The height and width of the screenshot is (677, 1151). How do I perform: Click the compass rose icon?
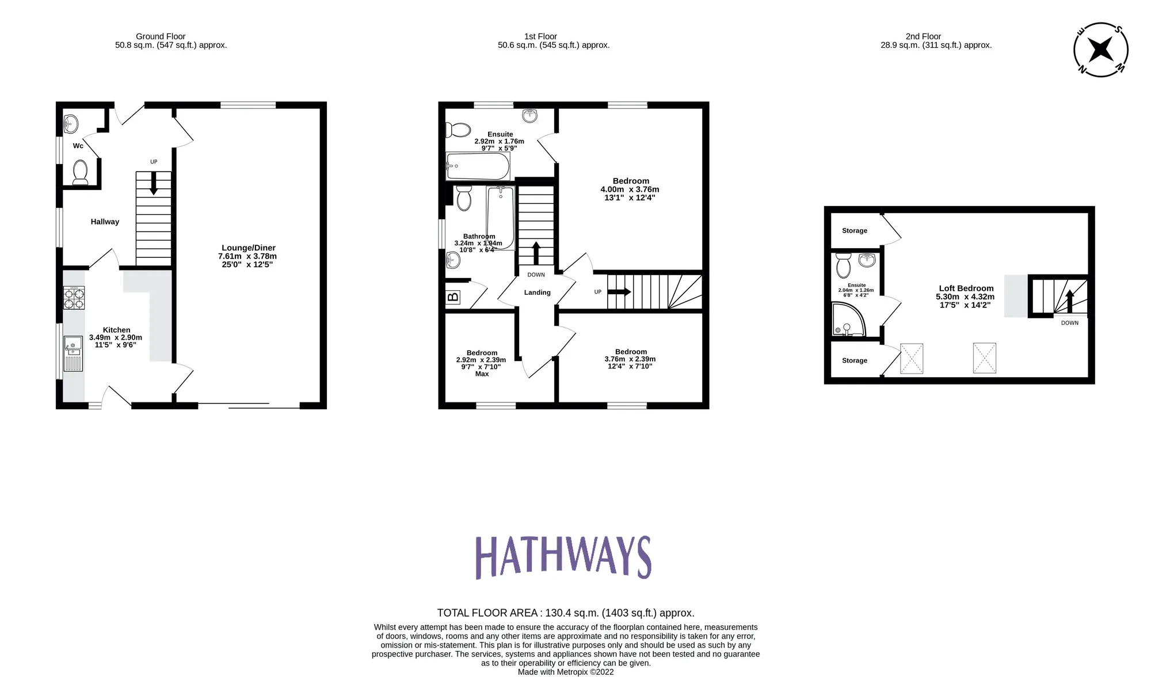1100,50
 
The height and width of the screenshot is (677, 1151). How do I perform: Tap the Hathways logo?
563,557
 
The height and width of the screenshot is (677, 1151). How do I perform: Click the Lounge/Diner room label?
248,248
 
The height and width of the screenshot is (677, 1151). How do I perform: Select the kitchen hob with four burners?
74,298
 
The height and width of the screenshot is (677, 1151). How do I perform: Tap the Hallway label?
105,222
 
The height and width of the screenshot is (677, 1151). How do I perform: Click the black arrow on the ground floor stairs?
154,184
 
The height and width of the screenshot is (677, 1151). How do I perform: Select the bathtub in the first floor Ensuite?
478,167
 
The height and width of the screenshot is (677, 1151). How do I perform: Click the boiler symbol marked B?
453,297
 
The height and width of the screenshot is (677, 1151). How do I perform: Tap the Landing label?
537,292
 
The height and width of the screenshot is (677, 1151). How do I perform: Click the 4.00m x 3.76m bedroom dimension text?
630,189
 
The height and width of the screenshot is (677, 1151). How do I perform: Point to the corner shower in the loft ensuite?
848,321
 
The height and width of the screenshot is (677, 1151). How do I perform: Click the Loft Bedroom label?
966,288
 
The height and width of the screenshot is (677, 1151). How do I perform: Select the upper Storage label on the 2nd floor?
854,231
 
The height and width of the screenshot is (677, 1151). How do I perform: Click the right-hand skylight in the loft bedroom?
984,357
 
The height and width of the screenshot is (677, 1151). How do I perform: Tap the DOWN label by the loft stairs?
1069,323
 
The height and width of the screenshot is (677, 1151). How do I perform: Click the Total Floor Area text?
565,613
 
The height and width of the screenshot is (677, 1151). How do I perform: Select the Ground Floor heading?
161,36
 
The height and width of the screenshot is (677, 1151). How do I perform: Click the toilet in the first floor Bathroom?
464,198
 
